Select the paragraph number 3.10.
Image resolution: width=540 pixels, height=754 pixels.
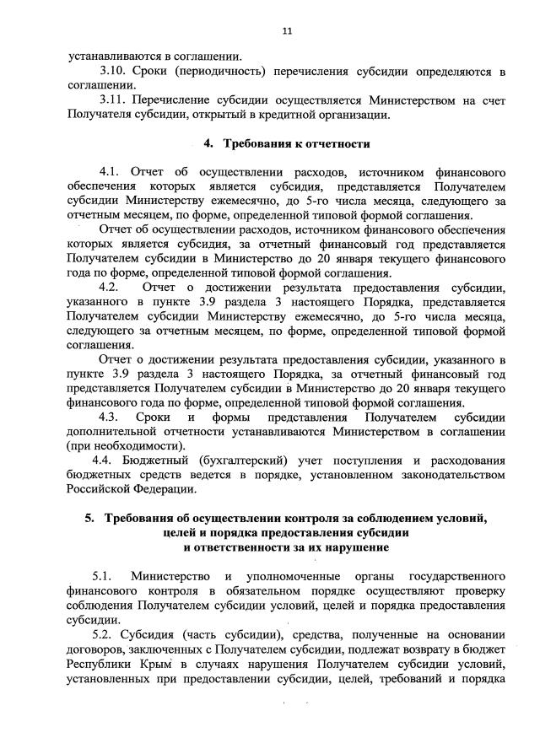pyautogui.click(x=113, y=71)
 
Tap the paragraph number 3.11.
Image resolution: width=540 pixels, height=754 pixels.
pyautogui.click(x=113, y=100)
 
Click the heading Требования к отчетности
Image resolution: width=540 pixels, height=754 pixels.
pyautogui.click(x=300, y=144)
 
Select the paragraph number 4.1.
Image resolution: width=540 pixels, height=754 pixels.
pyautogui.click(x=111, y=173)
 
